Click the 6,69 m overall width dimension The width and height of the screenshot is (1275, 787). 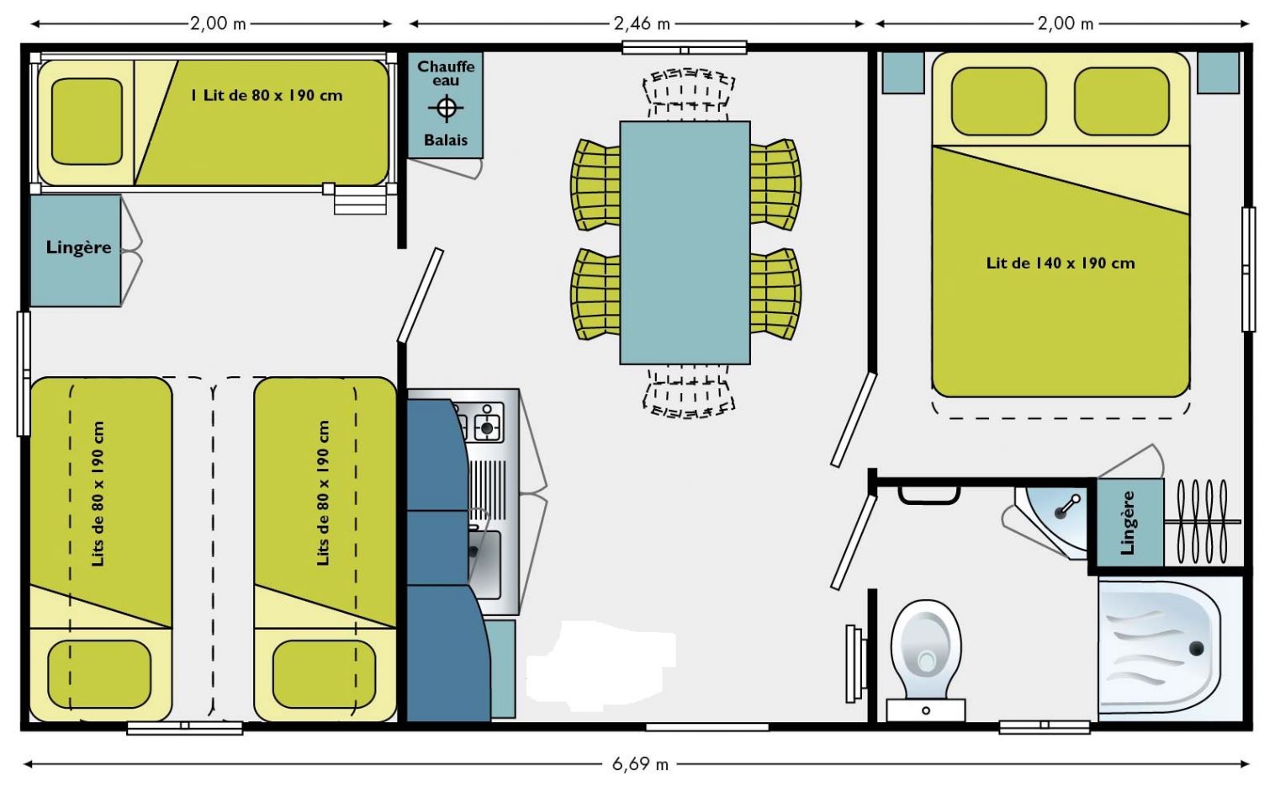point(640,763)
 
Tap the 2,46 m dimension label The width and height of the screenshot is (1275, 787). point(642,24)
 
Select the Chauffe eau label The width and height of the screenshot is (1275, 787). point(446,73)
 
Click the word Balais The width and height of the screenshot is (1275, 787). point(446,140)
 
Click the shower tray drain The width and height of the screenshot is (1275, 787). point(1196,648)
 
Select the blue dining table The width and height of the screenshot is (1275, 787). point(685,242)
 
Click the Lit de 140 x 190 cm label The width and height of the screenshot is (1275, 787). point(1061,263)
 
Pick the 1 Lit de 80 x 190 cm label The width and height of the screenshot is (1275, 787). point(267,95)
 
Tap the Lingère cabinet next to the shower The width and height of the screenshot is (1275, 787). point(1130,523)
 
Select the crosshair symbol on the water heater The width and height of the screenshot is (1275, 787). point(446,107)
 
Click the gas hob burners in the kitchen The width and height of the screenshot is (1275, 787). point(481,422)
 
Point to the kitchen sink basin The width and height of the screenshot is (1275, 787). point(484,564)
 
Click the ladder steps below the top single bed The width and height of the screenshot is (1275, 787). point(360,200)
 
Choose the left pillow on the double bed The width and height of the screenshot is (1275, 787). point(998,101)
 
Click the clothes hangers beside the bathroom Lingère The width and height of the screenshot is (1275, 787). point(1202,522)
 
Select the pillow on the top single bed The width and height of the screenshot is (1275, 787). point(87,121)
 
